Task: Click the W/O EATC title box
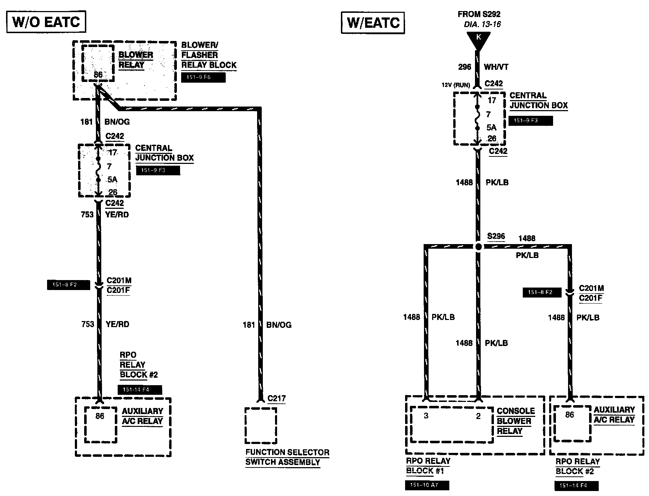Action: tap(46, 22)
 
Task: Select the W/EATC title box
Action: tap(373, 23)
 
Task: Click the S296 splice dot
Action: tap(479, 247)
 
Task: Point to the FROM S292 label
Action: tap(479, 14)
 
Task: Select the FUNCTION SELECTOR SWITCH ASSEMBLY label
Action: tap(287, 457)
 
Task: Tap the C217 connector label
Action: tap(276, 398)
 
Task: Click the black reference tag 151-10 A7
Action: tap(427, 485)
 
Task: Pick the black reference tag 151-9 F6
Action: tap(203, 77)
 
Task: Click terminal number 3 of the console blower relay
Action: tap(426, 416)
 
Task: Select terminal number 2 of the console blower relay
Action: tap(478, 416)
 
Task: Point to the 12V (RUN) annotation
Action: tap(456, 85)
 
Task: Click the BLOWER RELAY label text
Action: tap(136, 60)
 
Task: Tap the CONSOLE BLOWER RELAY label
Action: tap(516, 421)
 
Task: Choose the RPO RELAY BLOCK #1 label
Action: tap(428, 466)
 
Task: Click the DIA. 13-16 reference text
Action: tap(482, 25)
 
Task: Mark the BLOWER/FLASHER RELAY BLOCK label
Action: tap(209, 55)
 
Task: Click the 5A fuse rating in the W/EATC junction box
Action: tap(491, 127)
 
